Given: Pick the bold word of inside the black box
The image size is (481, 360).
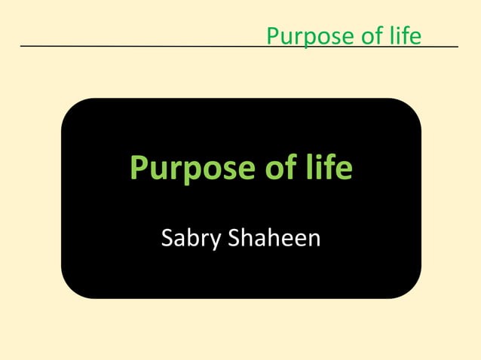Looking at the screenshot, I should pyautogui.click(x=278, y=167).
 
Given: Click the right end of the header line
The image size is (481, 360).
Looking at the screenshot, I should pyautogui.click(x=457, y=47).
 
